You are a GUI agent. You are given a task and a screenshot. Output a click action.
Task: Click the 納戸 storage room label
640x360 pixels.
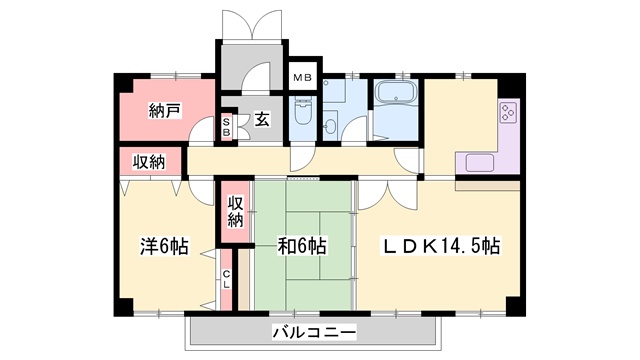(165, 111)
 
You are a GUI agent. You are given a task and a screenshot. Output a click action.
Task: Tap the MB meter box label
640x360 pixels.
(300, 76)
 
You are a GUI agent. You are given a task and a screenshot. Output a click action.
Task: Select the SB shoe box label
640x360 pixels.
(227, 126)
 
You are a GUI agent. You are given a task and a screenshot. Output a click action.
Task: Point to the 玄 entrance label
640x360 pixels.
(261, 121)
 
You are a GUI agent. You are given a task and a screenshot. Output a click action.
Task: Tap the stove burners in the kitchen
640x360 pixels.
(507, 114)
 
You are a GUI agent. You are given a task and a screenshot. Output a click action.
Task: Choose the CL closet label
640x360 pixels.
(227, 278)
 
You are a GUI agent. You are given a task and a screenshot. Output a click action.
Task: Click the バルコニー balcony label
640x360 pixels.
(311, 331)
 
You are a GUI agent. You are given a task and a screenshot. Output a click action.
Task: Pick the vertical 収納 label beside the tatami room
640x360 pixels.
(235, 212)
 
